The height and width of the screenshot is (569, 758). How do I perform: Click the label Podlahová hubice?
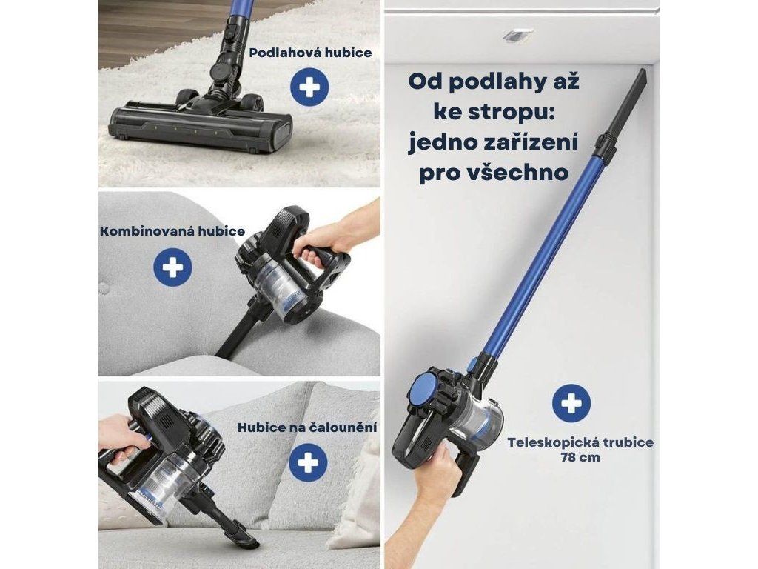pos(310,53)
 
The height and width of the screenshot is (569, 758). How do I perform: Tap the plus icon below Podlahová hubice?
pos(309,88)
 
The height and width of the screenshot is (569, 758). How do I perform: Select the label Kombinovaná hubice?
pos(172,231)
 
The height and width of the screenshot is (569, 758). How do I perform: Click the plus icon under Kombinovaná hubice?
pos(172,267)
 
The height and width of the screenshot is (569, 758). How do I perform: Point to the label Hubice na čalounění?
pos(307,427)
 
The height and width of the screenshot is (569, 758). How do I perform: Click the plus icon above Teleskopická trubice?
pos(571,403)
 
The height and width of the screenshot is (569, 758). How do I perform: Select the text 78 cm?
pos(580,457)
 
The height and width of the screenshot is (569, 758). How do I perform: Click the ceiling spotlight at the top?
pos(517,34)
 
